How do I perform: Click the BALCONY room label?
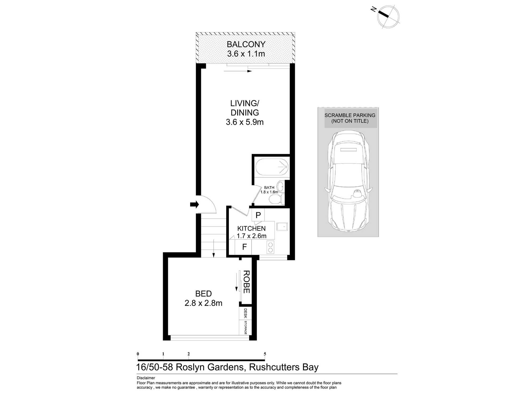click(246, 44)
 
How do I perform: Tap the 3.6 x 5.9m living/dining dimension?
click(245, 122)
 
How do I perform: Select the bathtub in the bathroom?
click(272, 167)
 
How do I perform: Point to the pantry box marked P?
click(258, 215)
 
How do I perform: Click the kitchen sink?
click(282, 227)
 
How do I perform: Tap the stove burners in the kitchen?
click(270, 247)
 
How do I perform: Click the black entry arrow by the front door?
click(195, 204)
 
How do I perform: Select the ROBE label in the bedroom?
click(246, 282)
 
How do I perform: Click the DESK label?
click(246, 313)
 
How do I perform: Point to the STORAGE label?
click(246, 328)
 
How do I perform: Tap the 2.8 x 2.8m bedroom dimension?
click(203, 303)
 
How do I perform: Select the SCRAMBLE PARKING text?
click(350, 115)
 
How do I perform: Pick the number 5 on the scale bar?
click(265, 354)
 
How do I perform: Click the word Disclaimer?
click(146, 378)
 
